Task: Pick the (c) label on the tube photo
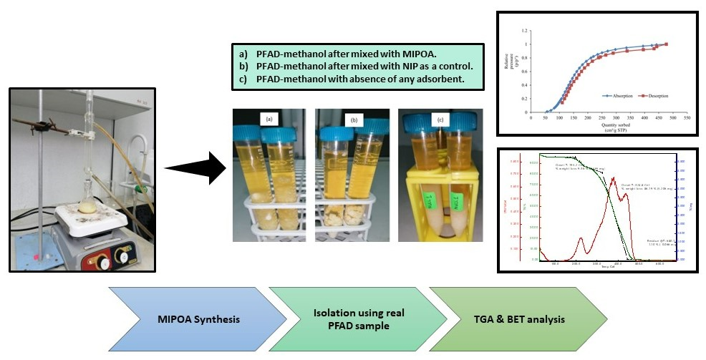[440, 118]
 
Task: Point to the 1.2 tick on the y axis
[526, 31]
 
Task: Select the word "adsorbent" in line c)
[437, 78]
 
